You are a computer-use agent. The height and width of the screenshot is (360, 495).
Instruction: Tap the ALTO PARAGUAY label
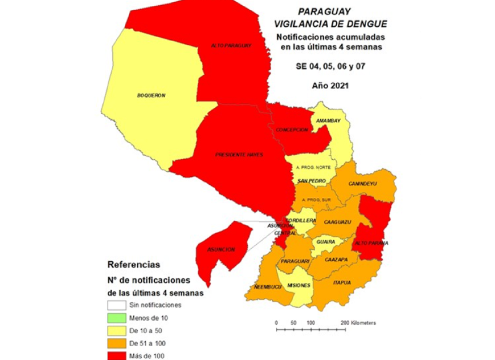(231, 46)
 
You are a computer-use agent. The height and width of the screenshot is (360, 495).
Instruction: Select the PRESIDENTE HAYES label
(239, 155)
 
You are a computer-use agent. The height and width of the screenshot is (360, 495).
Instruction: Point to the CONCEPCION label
(292, 130)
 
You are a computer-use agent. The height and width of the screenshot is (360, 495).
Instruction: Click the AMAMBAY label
(328, 121)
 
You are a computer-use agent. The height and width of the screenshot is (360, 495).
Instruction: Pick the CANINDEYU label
(362, 183)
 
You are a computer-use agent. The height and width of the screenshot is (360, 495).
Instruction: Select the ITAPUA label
(342, 282)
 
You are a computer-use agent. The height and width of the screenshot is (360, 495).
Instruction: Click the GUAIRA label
(325, 242)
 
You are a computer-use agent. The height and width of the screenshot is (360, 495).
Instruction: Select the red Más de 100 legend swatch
(116, 354)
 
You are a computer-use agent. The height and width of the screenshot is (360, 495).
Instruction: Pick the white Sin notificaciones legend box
(116, 306)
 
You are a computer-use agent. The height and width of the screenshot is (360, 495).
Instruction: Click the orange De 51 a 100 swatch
(116, 342)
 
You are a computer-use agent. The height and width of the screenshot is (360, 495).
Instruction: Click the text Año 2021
(330, 85)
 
